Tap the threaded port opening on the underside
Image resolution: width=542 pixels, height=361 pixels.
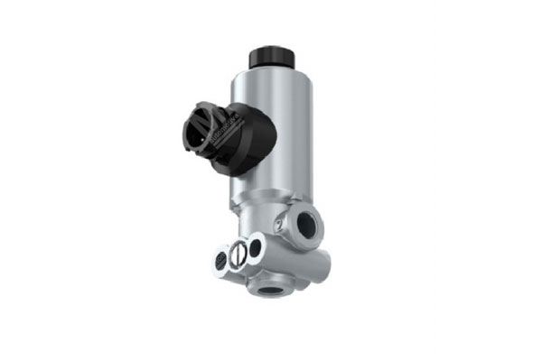coord(269,290)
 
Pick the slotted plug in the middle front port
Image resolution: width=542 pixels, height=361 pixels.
coord(238,255)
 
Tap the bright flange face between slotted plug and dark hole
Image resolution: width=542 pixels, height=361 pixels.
coord(248,252)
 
